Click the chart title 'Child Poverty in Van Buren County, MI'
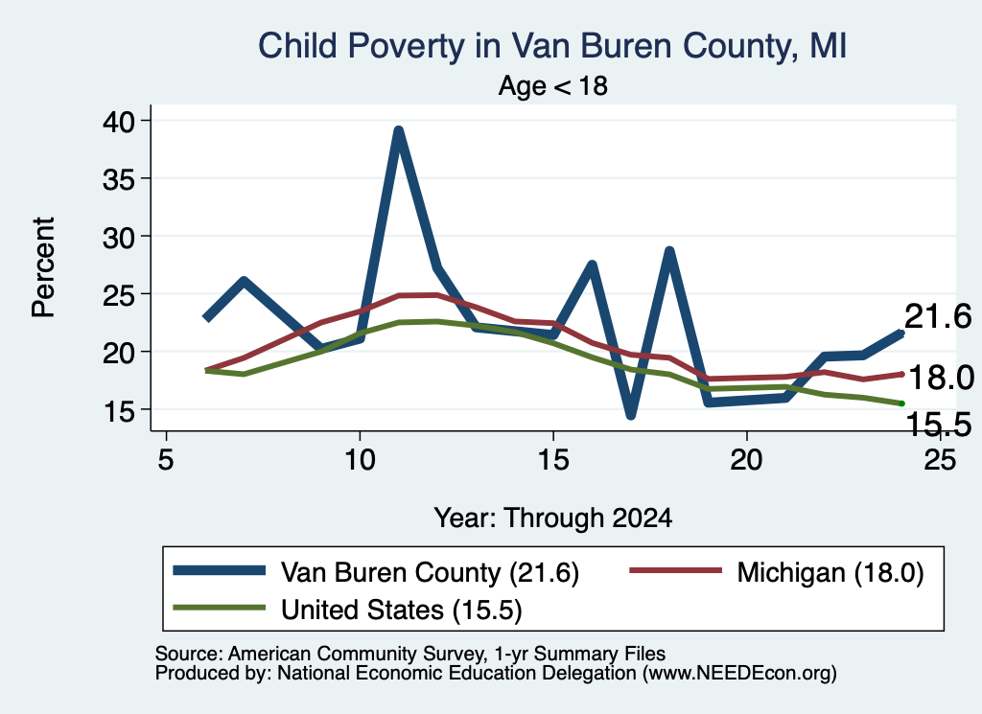click(x=552, y=46)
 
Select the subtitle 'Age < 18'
click(x=553, y=85)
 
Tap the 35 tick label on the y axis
click(x=118, y=179)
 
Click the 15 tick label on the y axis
click(x=118, y=410)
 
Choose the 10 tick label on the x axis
click(x=360, y=460)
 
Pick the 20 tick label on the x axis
click(x=746, y=460)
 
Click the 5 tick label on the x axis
click(x=165, y=460)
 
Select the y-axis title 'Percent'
click(x=44, y=267)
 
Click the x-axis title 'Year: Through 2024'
click(x=553, y=518)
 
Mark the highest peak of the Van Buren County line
click(x=398, y=130)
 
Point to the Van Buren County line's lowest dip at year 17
click(x=631, y=415)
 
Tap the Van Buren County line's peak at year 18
click(x=669, y=251)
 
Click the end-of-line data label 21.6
click(x=938, y=316)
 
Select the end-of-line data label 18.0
click(x=941, y=378)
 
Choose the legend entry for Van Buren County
click(x=376, y=572)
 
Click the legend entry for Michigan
click(x=777, y=572)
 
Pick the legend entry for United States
click(x=347, y=610)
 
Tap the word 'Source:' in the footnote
click(x=189, y=654)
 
